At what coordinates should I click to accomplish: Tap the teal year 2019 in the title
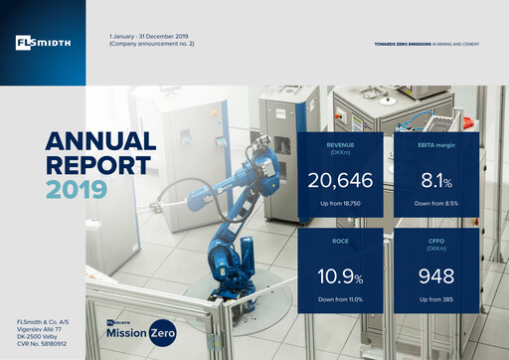pyautogui.click(x=70, y=188)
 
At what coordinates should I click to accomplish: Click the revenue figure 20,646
pyautogui.click(x=338, y=183)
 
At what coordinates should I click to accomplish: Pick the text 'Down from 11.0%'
pyautogui.click(x=338, y=295)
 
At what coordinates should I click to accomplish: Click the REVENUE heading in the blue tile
pyautogui.click(x=338, y=144)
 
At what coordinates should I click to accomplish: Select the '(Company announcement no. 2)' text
pyautogui.click(x=151, y=46)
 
